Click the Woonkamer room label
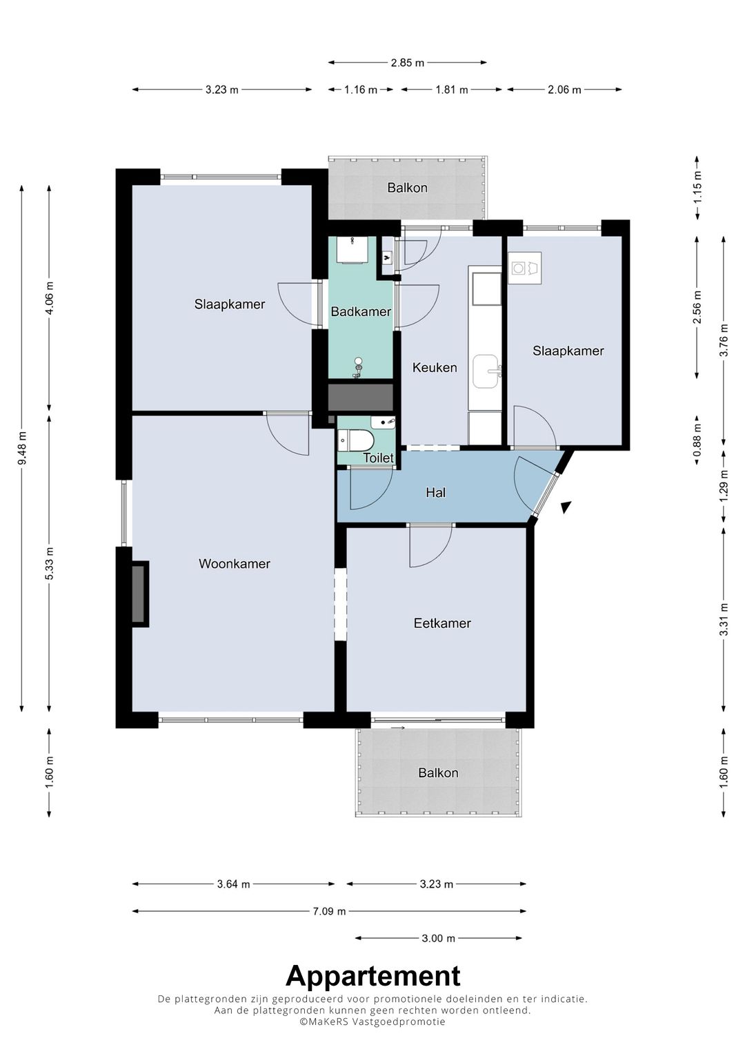click(235, 564)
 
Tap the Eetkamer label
click(442, 623)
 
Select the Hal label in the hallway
click(435, 493)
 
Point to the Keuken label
click(435, 367)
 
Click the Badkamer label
click(361, 311)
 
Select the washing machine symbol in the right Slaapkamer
click(518, 269)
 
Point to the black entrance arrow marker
click(566, 507)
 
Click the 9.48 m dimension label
click(22, 447)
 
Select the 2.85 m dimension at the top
click(407, 63)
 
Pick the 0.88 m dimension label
click(697, 440)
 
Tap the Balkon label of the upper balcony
click(407, 188)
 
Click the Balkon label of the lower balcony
click(438, 772)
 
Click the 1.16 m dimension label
click(361, 90)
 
